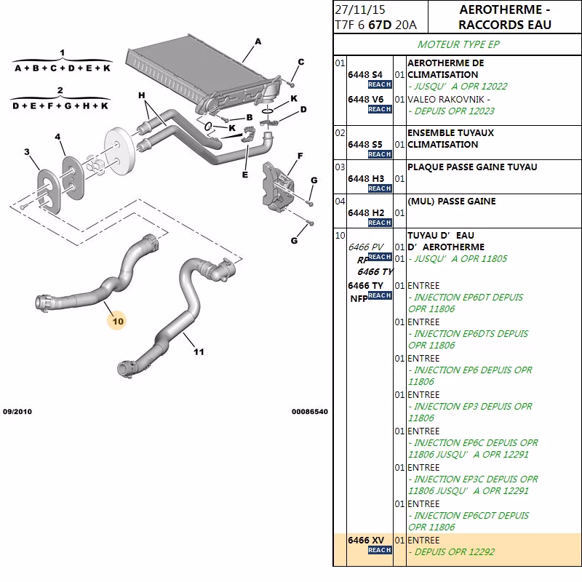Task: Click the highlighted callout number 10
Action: (118, 320)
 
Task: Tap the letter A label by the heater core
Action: (258, 42)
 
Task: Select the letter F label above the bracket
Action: (298, 156)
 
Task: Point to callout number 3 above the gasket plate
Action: (27, 152)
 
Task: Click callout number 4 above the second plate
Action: (58, 137)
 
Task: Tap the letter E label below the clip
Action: (244, 175)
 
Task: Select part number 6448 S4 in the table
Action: (365, 75)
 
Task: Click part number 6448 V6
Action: (365, 99)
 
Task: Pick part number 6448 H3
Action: (365, 178)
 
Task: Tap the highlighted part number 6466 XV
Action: (365, 541)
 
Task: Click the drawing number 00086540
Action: (310, 412)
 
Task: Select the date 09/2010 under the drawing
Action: (17, 412)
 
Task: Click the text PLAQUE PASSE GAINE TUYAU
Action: (472, 167)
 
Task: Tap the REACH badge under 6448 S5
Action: (379, 154)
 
